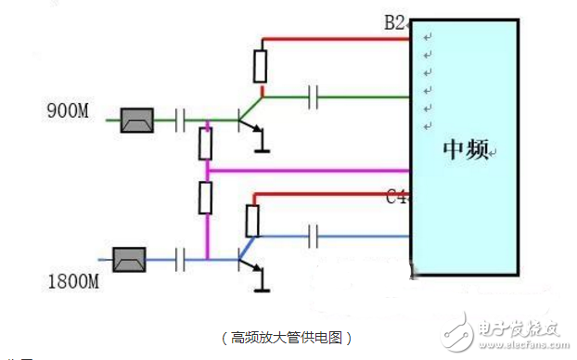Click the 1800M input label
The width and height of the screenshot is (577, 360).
click(x=72, y=278)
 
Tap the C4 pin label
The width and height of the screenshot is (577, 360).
click(x=396, y=197)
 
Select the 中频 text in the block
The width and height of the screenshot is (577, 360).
click(x=465, y=150)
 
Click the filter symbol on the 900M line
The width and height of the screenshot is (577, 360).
click(x=136, y=121)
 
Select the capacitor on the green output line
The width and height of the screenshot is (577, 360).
click(x=314, y=96)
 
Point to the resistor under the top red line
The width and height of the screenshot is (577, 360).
click(x=262, y=66)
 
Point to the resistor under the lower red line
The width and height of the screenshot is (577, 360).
click(x=251, y=221)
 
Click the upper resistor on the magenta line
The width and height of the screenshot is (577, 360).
click(x=206, y=144)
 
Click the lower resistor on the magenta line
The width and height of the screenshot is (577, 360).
click(x=206, y=198)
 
